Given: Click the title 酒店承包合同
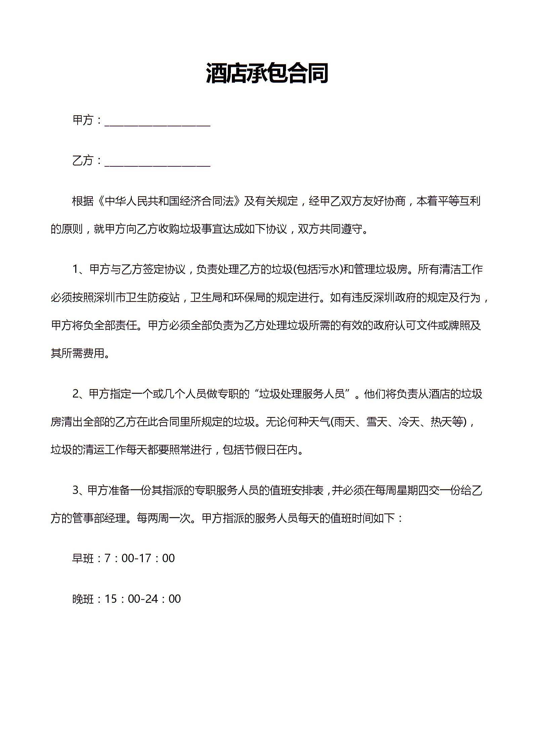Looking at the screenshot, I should click(267, 73).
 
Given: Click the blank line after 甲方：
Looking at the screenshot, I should click(157, 121).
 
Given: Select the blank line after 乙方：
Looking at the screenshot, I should click(157, 162).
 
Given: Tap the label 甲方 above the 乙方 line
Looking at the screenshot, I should click(83, 120).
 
